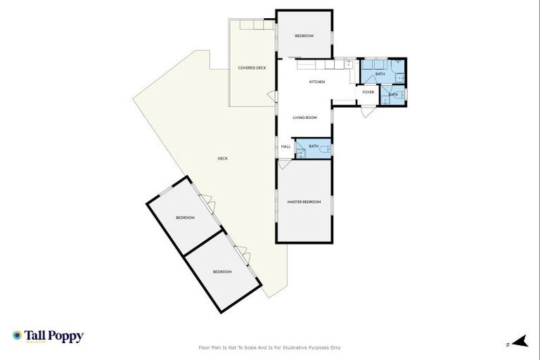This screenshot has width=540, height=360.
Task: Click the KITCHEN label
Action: [317, 82]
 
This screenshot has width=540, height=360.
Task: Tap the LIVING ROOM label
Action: [305, 117]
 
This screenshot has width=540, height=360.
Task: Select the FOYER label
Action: [368, 92]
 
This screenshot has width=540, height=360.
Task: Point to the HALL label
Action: [286, 146]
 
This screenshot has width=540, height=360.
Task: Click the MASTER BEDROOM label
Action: [304, 202]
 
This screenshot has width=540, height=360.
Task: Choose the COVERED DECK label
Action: [252, 67]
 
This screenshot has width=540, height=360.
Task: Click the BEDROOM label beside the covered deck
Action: [304, 36]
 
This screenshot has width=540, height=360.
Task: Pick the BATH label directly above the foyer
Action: [380, 74]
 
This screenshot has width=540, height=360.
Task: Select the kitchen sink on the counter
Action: [348, 65]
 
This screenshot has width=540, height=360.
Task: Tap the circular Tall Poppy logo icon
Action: [17, 336]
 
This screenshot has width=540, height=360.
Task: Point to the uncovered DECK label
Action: [222, 158]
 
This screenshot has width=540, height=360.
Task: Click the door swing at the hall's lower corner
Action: [283, 165]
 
